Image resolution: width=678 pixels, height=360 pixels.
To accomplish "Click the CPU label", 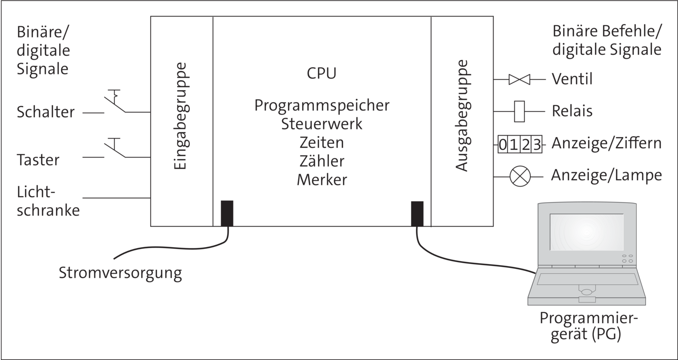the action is pyautogui.click(x=322, y=73).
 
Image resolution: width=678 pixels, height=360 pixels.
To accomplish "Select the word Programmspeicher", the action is pyautogui.click(x=322, y=106).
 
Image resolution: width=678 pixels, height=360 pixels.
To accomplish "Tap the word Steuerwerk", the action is pyautogui.click(x=322, y=124).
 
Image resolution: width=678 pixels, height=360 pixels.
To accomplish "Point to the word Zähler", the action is pyautogui.click(x=322, y=161).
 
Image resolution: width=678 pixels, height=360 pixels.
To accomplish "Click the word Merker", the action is pyautogui.click(x=322, y=180).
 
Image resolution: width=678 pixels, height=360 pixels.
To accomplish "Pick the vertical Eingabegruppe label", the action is pyautogui.click(x=181, y=116).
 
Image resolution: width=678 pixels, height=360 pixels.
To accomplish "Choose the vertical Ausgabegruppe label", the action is pyautogui.click(x=463, y=116).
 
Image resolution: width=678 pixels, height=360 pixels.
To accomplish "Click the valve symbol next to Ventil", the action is pyautogui.click(x=519, y=79).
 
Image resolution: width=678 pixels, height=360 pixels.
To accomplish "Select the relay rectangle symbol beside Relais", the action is pyautogui.click(x=519, y=111).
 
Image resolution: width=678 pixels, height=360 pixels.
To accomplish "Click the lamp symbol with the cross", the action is pyautogui.click(x=520, y=176).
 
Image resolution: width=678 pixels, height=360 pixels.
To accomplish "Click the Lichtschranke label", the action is pyautogui.click(x=48, y=201).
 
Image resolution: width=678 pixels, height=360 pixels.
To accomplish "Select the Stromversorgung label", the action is pyautogui.click(x=120, y=273).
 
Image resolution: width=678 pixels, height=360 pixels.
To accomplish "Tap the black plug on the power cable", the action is pyautogui.click(x=227, y=214).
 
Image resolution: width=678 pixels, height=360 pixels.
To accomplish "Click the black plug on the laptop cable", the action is pyautogui.click(x=417, y=214).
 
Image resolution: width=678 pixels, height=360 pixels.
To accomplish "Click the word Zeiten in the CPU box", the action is pyautogui.click(x=322, y=142).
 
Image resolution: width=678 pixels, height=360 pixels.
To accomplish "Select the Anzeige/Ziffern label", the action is pyautogui.click(x=606, y=143).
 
